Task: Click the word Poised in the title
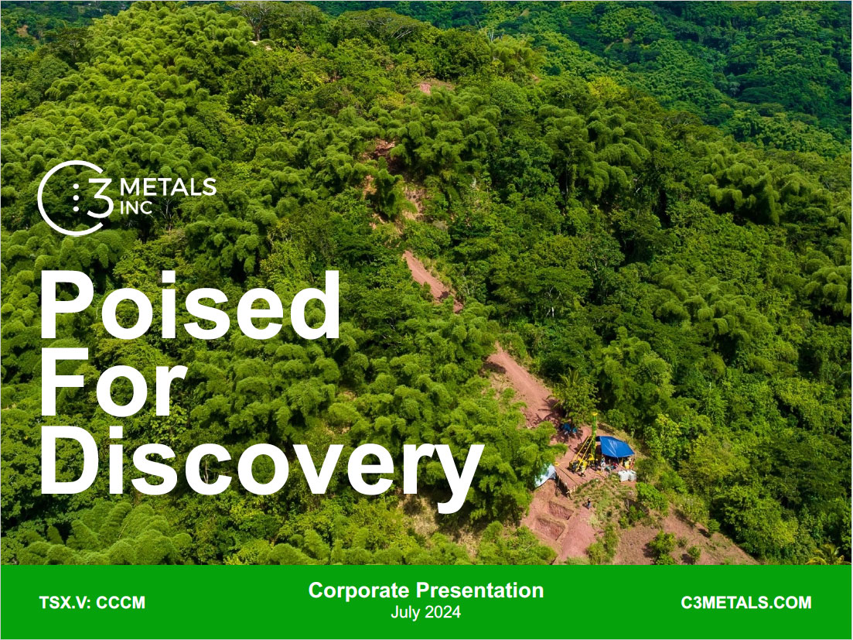[189, 305]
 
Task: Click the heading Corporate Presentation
[425, 590]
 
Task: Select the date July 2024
[425, 613]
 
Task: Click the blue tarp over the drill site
[616, 447]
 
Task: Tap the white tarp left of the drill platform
[547, 474]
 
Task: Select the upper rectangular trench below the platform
[560, 510]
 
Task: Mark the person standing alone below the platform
[589, 503]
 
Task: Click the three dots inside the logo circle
[75, 198]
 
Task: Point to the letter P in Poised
[69, 305]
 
